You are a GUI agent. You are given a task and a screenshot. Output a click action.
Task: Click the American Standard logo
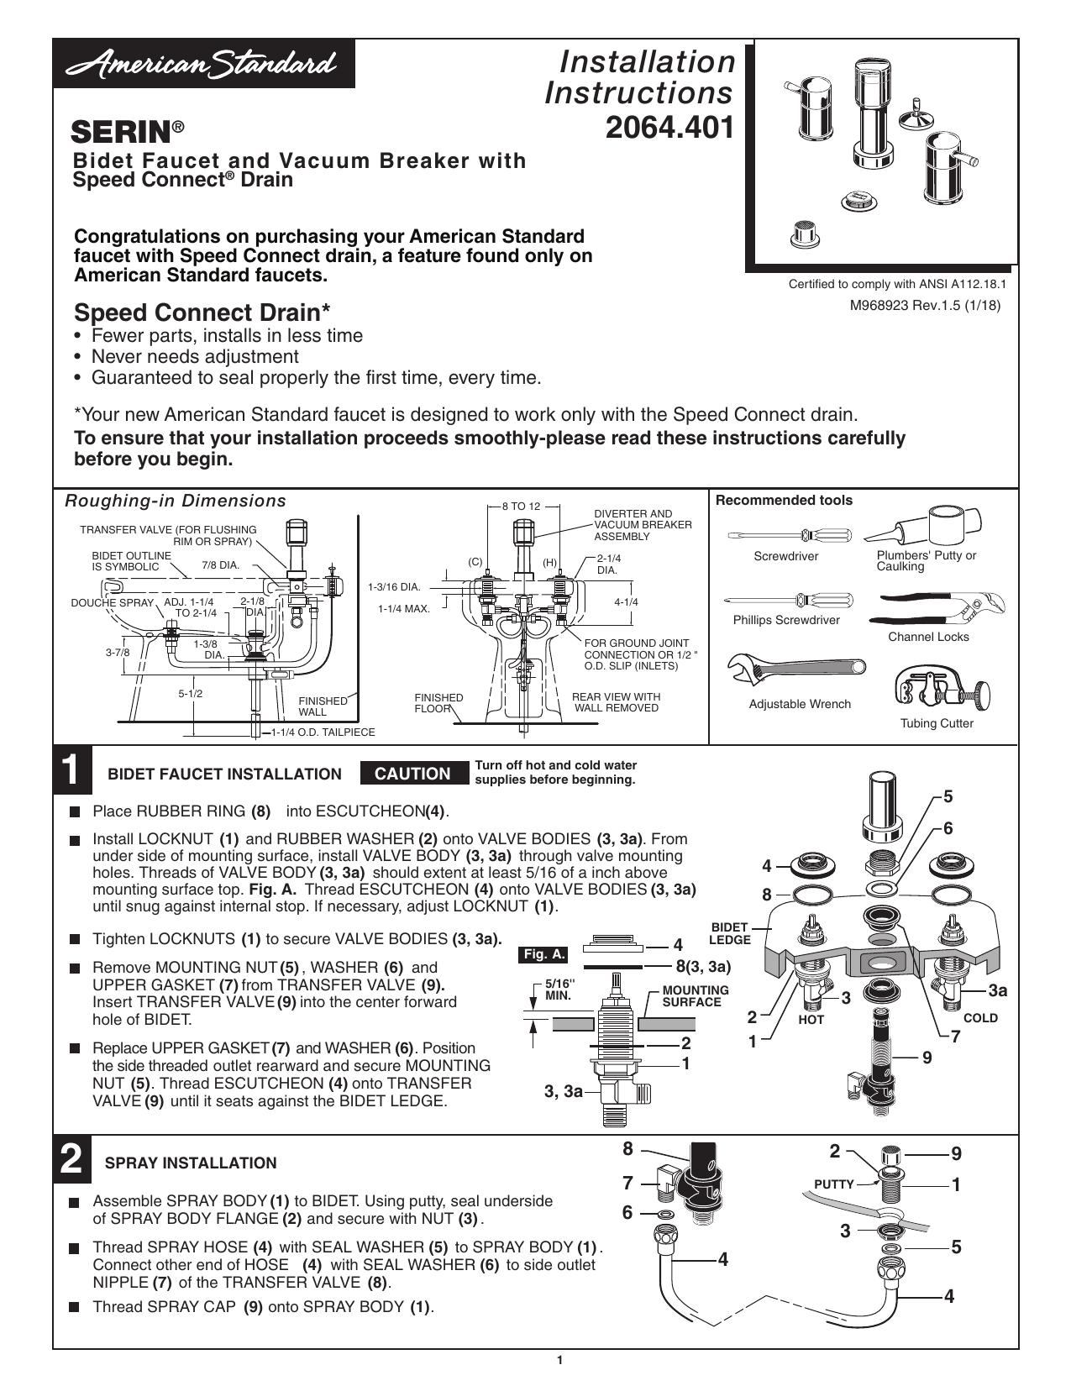203,64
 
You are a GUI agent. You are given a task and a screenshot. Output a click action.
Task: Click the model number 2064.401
669,128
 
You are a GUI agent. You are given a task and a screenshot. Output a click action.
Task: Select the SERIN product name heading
128,132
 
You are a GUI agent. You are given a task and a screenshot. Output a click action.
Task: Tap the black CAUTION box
412,774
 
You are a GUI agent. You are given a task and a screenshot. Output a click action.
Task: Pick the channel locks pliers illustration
937,608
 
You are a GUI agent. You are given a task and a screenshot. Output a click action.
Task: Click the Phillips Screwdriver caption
786,620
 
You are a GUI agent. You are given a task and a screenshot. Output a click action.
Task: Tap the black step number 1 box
72,769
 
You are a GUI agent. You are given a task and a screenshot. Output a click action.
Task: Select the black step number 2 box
72,1159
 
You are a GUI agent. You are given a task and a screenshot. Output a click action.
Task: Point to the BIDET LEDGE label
730,934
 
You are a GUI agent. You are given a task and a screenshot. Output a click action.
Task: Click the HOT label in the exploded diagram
811,1019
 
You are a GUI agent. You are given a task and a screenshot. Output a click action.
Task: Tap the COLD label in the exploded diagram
980,1018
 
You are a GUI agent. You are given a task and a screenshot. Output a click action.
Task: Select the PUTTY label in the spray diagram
834,1184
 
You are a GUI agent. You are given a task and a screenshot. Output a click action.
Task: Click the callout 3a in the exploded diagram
998,990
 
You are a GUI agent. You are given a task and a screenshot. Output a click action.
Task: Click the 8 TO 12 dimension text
521,507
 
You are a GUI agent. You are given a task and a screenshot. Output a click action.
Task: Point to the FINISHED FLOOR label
438,703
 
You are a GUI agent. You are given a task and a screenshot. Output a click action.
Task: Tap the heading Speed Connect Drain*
202,312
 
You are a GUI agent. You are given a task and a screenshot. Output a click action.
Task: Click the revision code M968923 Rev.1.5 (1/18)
925,306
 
